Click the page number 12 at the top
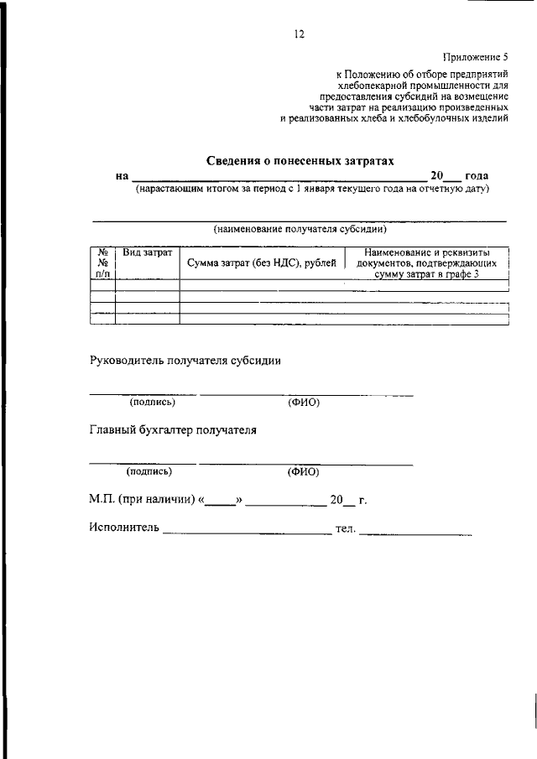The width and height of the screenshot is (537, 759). (299, 35)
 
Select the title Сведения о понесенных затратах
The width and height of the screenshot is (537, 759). (300, 159)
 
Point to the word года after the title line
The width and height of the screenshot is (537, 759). (477, 176)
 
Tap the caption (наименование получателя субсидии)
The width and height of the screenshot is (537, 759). (300, 227)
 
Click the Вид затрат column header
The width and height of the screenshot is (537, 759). (148, 252)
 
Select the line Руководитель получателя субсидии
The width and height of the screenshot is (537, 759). (185, 361)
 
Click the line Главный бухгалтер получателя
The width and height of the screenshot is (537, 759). (173, 431)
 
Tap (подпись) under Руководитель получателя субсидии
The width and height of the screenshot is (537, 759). (152, 403)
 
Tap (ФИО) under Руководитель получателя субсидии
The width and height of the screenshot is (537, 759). (304, 403)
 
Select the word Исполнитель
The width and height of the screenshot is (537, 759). (123, 528)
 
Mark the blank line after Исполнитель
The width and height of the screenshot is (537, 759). (248, 532)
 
